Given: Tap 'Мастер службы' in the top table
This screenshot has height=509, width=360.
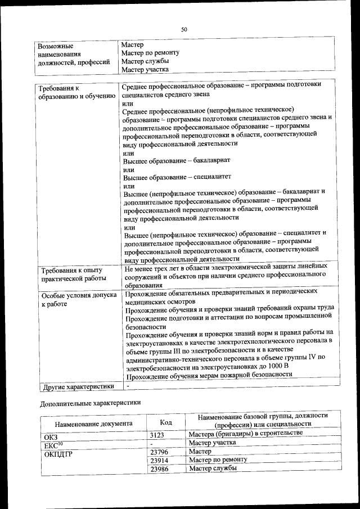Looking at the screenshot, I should (x=145, y=61).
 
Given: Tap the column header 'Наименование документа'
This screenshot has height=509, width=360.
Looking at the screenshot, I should (x=93, y=423).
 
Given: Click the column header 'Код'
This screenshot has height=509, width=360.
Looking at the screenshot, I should (x=166, y=422).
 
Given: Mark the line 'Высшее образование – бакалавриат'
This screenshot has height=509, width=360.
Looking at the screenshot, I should (x=177, y=160).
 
